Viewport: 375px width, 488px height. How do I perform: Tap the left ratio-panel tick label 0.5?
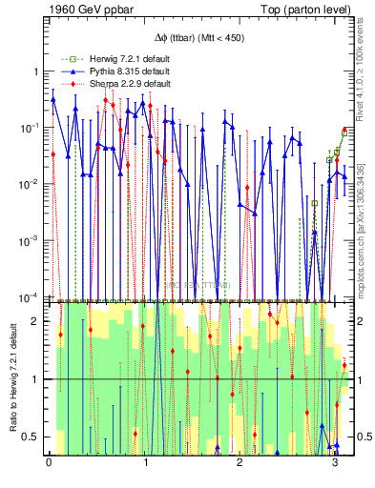[x=31, y=437]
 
